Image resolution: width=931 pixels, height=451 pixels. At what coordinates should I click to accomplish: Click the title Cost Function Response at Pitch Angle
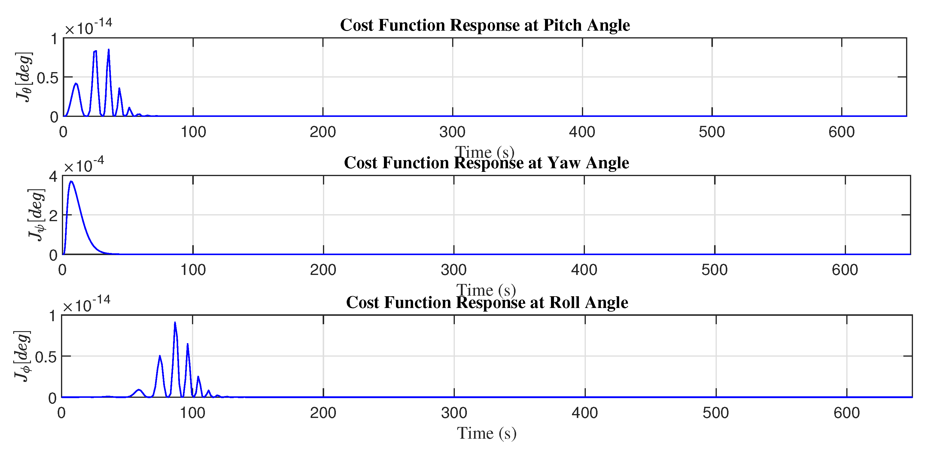click(485, 25)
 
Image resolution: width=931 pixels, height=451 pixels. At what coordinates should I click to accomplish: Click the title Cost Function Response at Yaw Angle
click(486, 163)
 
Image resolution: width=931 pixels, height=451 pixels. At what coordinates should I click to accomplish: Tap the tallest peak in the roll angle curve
click(175, 323)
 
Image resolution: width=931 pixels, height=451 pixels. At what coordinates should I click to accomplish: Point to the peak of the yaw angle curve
click(71, 181)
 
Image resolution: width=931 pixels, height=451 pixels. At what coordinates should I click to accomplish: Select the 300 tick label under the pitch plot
click(452, 132)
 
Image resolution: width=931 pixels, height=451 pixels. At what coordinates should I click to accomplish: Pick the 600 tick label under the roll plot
click(846, 413)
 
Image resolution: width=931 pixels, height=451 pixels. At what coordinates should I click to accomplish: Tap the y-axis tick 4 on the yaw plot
click(53, 177)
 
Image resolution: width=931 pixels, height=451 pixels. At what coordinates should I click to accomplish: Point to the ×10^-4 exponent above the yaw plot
click(84, 166)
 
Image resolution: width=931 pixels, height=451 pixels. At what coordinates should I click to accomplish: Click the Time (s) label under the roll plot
click(486, 433)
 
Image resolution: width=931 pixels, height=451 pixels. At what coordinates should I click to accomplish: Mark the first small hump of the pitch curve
click(76, 84)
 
